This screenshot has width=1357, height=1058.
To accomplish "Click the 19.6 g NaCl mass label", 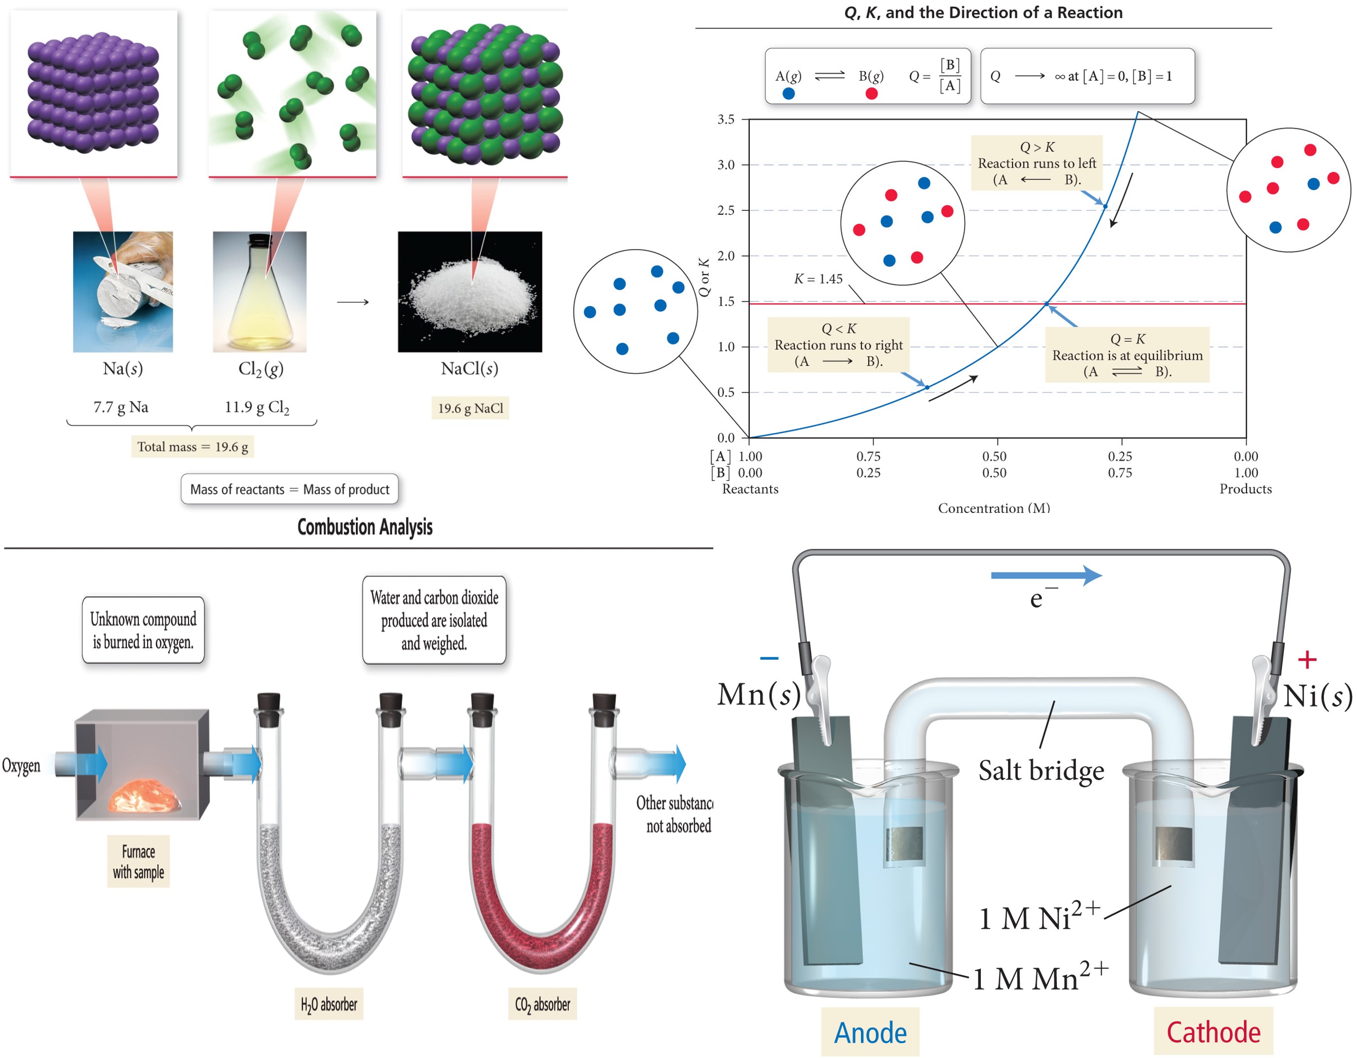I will pyautogui.click(x=470, y=408).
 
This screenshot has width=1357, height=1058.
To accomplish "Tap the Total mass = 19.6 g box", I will pyautogui.click(x=193, y=447).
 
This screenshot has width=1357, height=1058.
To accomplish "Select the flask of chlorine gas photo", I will pyautogui.click(x=260, y=292).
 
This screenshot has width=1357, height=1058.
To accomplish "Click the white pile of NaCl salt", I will pyautogui.click(x=470, y=295).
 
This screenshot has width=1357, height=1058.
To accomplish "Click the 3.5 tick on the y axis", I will pyautogui.click(x=726, y=119).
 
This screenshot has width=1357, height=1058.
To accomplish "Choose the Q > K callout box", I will pyautogui.click(x=1037, y=163).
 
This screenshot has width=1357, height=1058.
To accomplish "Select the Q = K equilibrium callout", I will pyautogui.click(x=1127, y=355).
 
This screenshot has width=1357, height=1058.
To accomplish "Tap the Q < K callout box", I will pyautogui.click(x=838, y=345).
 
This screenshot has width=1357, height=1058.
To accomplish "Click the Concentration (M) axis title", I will pyautogui.click(x=994, y=508).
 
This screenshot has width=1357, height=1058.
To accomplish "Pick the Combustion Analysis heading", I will pyautogui.click(x=365, y=527).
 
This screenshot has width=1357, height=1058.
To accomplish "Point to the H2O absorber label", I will pyautogui.click(x=329, y=1005).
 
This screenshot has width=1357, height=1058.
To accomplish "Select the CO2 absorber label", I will pyautogui.click(x=543, y=1005).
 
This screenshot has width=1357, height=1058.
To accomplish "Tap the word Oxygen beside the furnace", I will pyautogui.click(x=21, y=765).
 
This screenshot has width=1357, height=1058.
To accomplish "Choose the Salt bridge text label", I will pyautogui.click(x=1042, y=770).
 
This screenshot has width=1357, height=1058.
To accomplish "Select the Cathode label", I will pyautogui.click(x=1213, y=1032).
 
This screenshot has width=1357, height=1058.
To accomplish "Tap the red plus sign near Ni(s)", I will pyautogui.click(x=1307, y=659).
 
